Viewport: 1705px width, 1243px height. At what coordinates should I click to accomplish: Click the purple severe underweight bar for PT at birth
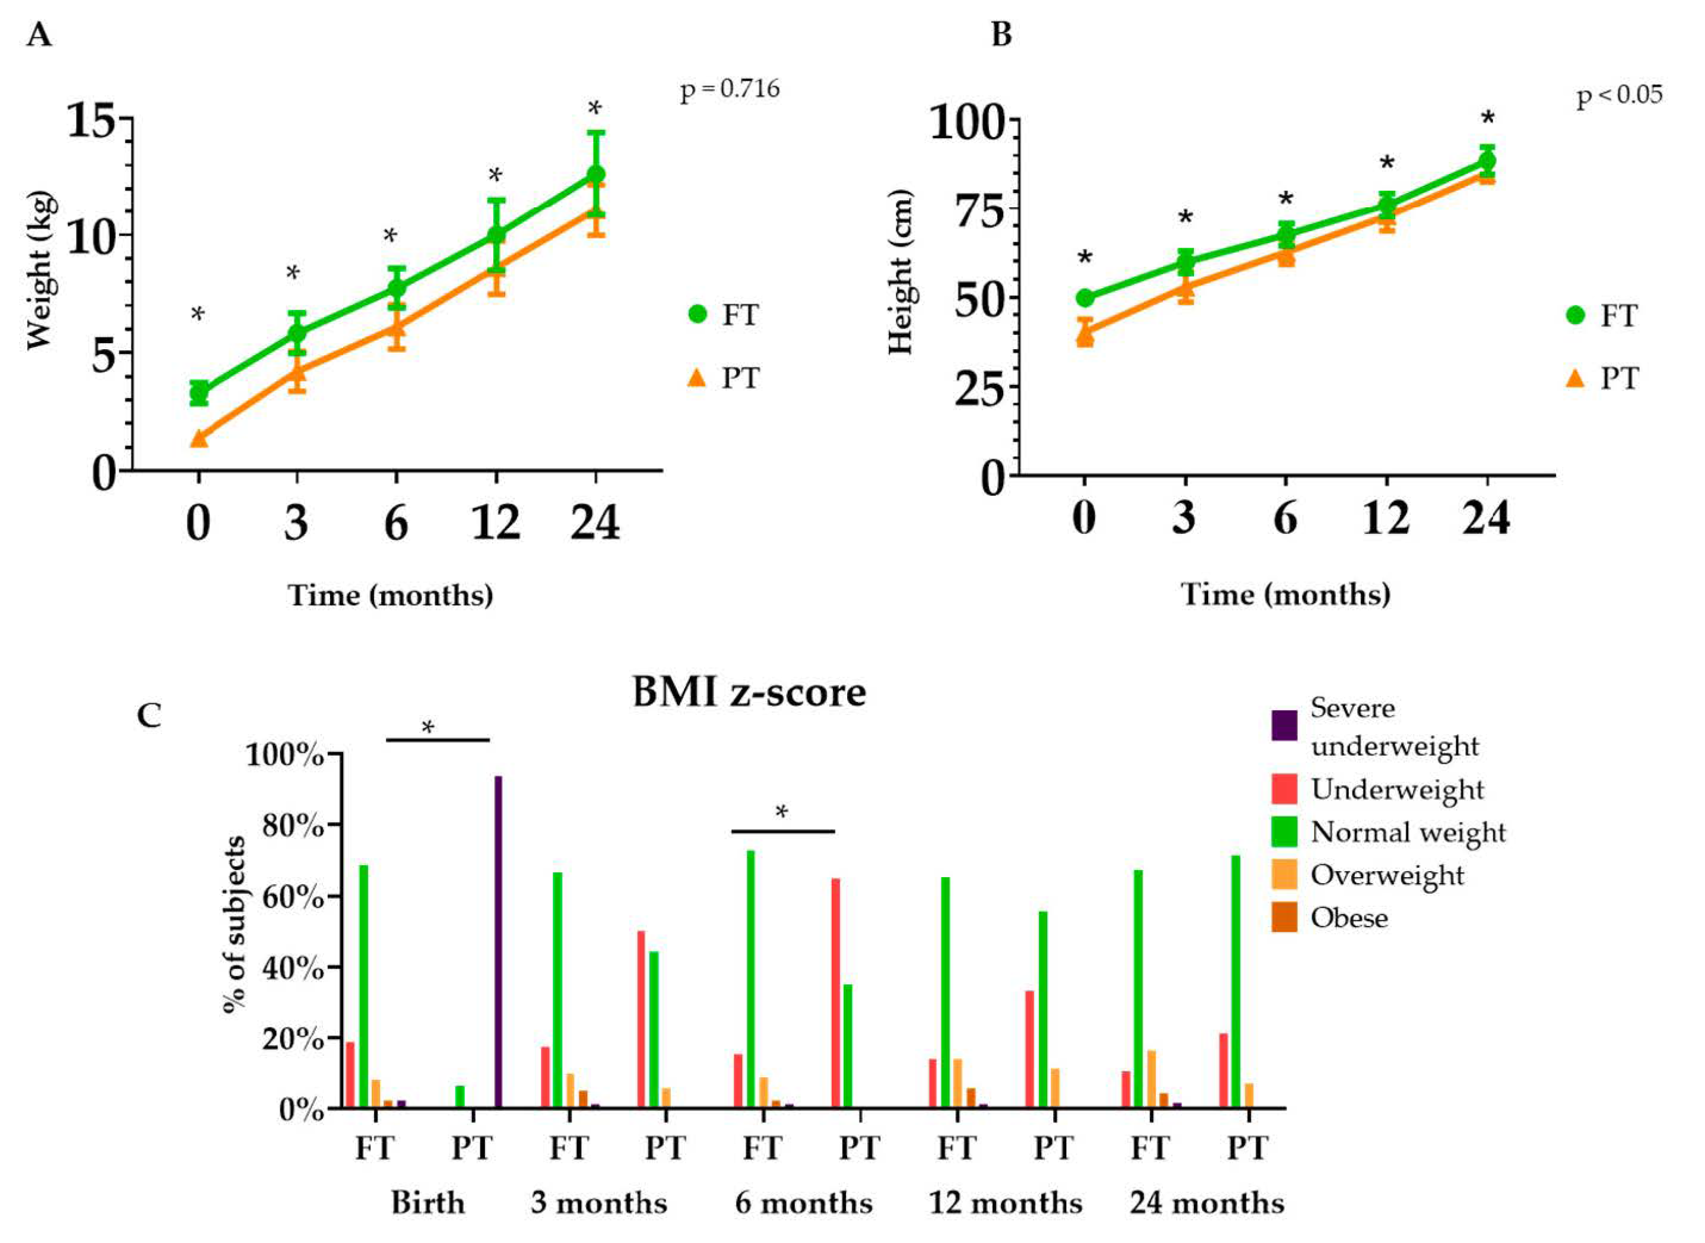498,941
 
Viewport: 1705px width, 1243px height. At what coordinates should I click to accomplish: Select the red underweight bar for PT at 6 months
835,992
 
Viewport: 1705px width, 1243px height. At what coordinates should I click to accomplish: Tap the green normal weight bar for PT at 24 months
1235,981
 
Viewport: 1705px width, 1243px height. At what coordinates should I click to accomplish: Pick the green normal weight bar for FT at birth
363,986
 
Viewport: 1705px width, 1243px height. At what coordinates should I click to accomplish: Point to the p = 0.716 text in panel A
730,90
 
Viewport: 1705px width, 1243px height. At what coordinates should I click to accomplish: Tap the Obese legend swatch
1285,918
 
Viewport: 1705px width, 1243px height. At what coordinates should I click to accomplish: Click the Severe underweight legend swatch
1285,725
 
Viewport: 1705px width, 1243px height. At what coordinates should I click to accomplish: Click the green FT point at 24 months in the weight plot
595,175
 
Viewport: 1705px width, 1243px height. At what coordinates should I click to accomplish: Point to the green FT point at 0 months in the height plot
1085,298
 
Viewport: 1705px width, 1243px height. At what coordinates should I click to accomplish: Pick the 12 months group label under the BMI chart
1006,1203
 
